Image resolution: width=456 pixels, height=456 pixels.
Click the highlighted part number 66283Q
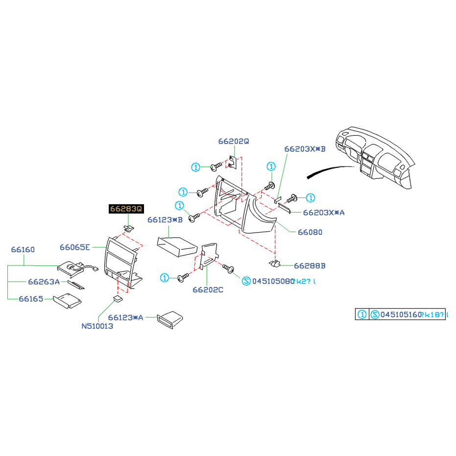126,209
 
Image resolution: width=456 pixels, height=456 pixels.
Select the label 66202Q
234,141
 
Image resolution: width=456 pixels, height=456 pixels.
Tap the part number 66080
310,232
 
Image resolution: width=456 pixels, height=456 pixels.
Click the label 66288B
310,265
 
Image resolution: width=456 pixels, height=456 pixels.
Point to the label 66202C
208,289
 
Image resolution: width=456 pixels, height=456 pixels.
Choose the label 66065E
75,247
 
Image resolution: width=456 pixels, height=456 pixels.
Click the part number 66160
23,250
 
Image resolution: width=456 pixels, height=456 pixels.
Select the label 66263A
44,282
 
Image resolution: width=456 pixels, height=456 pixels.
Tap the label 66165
31,298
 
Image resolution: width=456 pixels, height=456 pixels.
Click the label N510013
97,326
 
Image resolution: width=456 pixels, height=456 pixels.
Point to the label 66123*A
126,317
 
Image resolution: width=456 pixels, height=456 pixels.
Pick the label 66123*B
165,220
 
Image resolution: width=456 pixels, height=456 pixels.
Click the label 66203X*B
305,148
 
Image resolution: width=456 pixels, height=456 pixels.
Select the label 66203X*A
324,213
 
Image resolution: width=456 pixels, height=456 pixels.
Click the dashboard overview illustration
375,157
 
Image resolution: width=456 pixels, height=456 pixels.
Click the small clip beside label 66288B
275,264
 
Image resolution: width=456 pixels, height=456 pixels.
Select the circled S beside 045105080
246,281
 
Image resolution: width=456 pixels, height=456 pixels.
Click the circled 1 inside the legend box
361,314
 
